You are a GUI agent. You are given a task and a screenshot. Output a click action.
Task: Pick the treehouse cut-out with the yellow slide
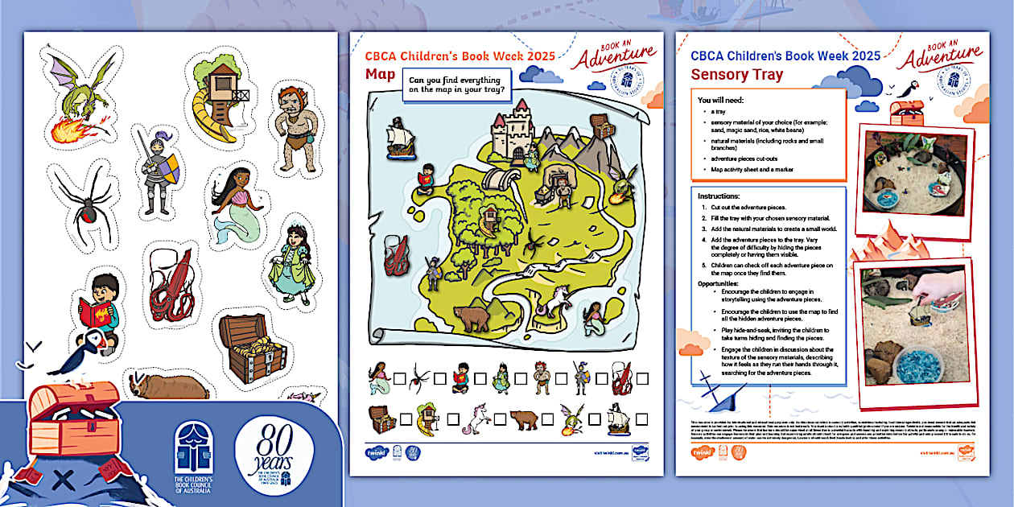coord(214,100)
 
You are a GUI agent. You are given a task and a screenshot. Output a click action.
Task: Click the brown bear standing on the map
coord(472,316)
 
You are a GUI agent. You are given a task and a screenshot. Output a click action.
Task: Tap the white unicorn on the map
coord(554,301)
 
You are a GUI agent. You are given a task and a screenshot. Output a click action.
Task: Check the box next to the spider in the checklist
coord(439,378)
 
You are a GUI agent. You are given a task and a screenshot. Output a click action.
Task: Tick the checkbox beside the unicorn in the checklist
coord(499,419)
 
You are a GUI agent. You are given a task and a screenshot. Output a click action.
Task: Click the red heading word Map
coord(380,75)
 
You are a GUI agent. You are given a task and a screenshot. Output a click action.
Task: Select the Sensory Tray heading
coord(736,75)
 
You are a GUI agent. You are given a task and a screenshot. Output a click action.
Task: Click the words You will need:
coord(722,100)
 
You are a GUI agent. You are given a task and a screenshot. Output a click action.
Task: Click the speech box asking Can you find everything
coord(456,84)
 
